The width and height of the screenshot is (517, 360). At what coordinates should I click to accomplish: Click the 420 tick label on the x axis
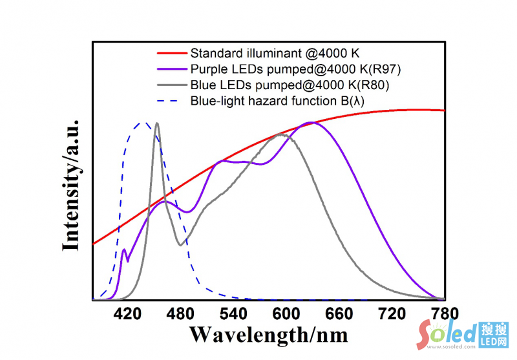click(x=127, y=314)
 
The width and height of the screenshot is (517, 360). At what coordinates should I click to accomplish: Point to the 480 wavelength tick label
click(x=180, y=314)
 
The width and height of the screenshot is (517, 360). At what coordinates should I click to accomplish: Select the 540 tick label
click(x=233, y=314)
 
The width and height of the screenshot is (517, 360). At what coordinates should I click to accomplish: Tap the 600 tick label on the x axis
click(x=285, y=314)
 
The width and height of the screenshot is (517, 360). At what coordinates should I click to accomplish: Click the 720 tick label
click(x=391, y=314)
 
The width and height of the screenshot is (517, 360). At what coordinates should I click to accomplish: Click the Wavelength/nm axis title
click(x=268, y=334)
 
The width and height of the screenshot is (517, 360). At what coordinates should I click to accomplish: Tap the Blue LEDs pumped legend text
click(x=291, y=84)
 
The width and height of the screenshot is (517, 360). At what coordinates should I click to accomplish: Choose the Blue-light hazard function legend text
click(x=289, y=100)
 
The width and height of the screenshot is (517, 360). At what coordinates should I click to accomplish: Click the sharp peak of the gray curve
click(x=157, y=123)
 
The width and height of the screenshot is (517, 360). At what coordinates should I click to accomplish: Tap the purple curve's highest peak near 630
click(x=312, y=122)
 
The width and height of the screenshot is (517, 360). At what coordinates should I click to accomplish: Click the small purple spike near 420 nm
click(x=124, y=249)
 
